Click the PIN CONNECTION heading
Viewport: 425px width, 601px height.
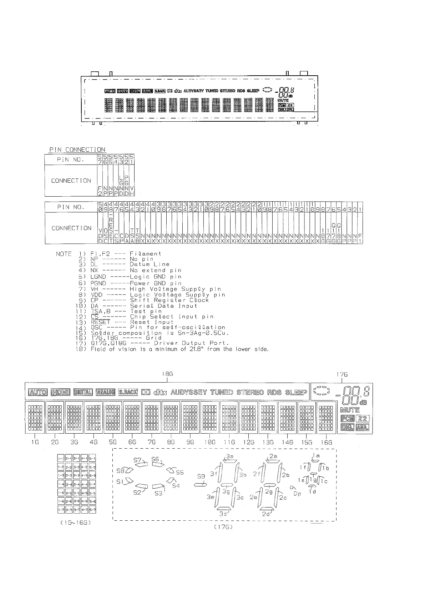click(77, 150)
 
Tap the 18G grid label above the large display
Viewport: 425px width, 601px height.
click(167, 374)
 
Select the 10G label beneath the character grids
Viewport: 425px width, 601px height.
click(209, 442)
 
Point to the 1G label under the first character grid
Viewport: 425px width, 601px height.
click(35, 442)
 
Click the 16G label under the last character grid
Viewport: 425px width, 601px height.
click(327, 442)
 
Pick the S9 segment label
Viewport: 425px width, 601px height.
click(201, 476)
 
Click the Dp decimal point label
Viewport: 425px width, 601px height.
click(297, 494)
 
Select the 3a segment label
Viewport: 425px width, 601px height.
click(230, 456)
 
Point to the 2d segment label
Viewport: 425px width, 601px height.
click(266, 514)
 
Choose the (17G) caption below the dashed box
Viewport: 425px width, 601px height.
click(223, 527)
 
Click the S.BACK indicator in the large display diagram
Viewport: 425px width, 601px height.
click(128, 392)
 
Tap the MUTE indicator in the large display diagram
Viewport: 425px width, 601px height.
click(350, 410)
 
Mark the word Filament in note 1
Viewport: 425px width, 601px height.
click(146, 254)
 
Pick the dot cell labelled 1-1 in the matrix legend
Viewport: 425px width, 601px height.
click(61, 458)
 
